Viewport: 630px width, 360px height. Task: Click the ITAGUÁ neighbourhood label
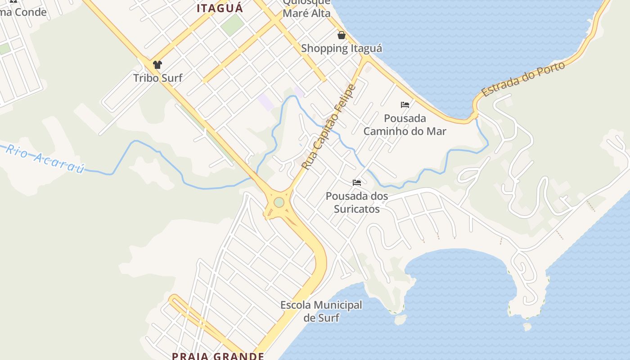click(x=220, y=8)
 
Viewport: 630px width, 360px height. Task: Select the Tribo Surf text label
click(x=157, y=78)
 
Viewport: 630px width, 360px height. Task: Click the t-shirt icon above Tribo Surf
click(x=157, y=65)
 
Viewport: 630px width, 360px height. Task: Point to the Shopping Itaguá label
click(x=341, y=48)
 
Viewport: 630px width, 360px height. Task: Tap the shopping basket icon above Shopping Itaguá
click(x=342, y=35)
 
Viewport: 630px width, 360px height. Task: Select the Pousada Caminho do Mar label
click(x=405, y=125)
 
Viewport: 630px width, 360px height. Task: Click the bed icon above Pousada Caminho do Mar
click(x=405, y=105)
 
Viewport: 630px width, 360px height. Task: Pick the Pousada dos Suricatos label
click(x=357, y=202)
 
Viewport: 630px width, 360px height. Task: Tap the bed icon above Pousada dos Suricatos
click(x=357, y=183)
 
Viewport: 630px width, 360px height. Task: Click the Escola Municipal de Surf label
click(x=321, y=311)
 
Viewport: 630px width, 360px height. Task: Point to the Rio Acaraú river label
click(x=45, y=159)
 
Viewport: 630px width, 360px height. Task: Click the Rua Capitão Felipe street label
click(x=328, y=127)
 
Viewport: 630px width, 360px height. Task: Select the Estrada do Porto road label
click(x=523, y=79)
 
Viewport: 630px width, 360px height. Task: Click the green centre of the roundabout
click(x=279, y=202)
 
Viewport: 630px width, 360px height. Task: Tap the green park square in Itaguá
click(x=232, y=25)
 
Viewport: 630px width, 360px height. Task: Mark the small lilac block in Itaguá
click(x=266, y=102)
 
